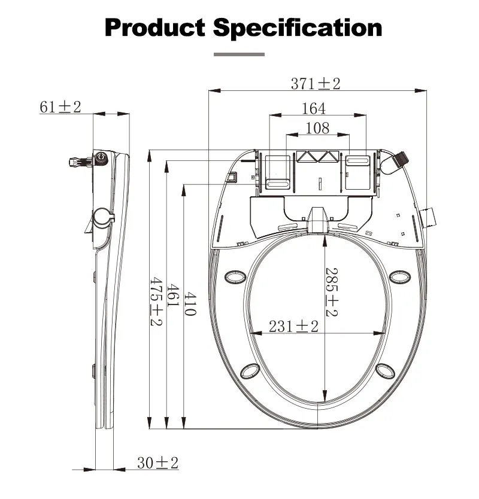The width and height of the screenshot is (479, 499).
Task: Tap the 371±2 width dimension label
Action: (x=316, y=83)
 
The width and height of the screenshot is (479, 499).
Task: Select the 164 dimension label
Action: (x=314, y=108)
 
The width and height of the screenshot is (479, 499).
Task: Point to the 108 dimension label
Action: (x=317, y=127)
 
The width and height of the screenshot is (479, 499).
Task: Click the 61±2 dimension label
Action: (x=60, y=107)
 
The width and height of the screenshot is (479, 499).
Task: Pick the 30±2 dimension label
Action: (x=158, y=463)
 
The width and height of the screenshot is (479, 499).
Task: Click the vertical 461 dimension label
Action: (x=172, y=296)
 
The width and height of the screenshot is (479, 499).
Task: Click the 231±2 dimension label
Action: (x=293, y=326)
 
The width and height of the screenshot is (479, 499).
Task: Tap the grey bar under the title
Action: (x=239, y=54)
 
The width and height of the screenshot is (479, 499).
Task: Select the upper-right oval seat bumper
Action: (x=399, y=276)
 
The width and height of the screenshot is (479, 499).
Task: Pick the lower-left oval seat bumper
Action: (x=250, y=372)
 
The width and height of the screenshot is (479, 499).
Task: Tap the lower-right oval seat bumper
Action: (x=386, y=372)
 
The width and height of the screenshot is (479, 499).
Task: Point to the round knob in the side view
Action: (x=102, y=216)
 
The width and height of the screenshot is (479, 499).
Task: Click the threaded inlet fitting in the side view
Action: (x=78, y=160)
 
